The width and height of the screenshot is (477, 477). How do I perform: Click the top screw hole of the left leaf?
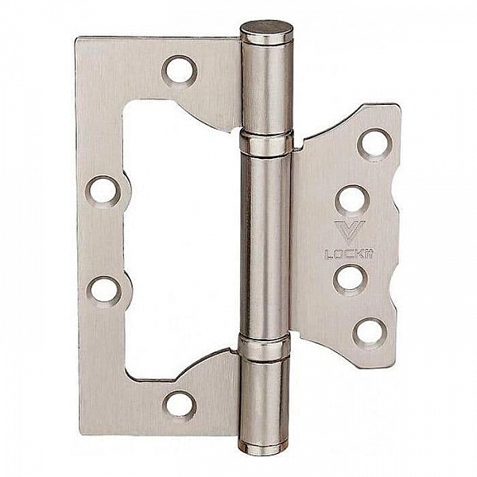(x=180, y=70)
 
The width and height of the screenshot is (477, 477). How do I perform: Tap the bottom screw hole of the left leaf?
(x=180, y=405)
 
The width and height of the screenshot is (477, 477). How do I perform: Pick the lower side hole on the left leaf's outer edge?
(x=104, y=289)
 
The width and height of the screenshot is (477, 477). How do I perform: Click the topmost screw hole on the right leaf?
(x=374, y=143)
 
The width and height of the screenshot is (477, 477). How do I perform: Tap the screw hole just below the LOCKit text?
(x=350, y=278)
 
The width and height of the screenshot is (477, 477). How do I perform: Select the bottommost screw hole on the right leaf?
(x=370, y=332)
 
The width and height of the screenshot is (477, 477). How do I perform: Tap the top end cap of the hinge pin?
(x=266, y=32)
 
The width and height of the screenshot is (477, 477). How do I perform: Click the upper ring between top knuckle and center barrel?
(x=266, y=144)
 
